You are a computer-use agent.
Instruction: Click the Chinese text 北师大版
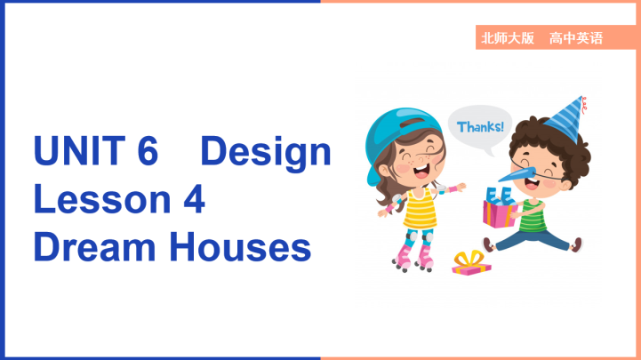click(x=507, y=38)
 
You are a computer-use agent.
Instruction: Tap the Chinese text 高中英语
click(x=576, y=38)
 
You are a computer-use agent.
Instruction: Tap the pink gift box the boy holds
click(x=501, y=212)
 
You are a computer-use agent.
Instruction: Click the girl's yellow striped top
click(x=420, y=212)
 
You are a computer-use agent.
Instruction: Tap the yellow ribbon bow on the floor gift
click(x=470, y=256)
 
